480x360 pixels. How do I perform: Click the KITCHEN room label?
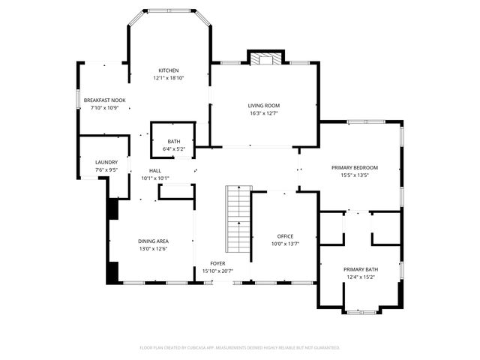point(168,70)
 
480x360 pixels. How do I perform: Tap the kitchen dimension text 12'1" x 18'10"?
point(168,78)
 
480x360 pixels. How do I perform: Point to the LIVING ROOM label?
point(264,106)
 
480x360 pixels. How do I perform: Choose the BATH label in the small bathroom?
point(173,142)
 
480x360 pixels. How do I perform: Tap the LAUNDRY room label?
point(105,162)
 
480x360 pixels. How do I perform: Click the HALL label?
point(155,171)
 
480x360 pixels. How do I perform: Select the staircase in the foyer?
point(237,221)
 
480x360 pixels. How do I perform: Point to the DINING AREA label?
point(152,241)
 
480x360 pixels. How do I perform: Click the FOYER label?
point(217,263)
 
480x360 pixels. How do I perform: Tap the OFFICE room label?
point(285,235)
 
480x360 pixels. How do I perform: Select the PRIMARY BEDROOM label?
point(355,167)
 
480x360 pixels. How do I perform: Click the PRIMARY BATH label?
point(361,269)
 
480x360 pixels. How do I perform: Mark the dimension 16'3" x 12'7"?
point(264,114)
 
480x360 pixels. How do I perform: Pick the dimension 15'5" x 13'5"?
point(355,175)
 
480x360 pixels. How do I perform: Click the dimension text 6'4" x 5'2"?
point(173,149)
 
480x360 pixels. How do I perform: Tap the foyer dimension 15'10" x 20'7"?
point(217,271)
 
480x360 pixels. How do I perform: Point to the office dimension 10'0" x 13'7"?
point(285,244)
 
